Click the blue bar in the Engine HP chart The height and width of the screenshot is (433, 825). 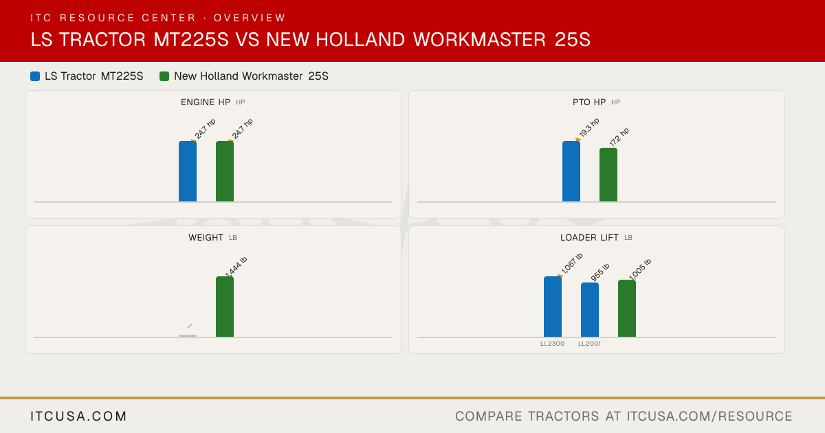pos(188,171)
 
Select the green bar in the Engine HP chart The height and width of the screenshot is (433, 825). pos(225,171)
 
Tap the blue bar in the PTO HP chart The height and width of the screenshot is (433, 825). pos(571,171)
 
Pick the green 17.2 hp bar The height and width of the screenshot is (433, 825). pos(608,175)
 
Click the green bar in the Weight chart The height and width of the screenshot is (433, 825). pos(225,307)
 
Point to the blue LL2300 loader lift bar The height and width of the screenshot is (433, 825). pos(553,307)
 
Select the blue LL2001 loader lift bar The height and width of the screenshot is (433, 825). pos(590,310)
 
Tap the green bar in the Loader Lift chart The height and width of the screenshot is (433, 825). pos(627,308)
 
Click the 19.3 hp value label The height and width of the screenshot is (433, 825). pos(589,127)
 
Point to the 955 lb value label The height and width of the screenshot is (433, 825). pos(600,272)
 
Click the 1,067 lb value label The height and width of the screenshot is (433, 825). pos(571,263)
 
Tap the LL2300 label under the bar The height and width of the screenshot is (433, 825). pos(553,344)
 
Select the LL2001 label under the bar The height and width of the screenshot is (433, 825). pos(589,344)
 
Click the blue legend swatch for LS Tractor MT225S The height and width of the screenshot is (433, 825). pos(35,76)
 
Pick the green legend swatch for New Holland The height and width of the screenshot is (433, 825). pos(164,76)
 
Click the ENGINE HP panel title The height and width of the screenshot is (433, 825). pos(206,102)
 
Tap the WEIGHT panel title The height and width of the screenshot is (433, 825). pos(206,238)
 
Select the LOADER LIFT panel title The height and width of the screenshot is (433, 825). pos(589,238)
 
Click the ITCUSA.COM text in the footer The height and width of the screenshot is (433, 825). pos(78,417)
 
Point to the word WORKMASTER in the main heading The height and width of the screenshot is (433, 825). pos(479,40)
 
